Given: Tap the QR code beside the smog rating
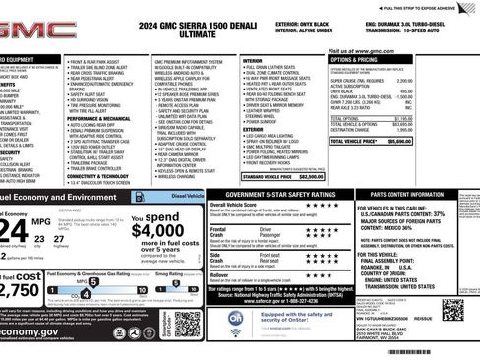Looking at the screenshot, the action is [x=187, y=323].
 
